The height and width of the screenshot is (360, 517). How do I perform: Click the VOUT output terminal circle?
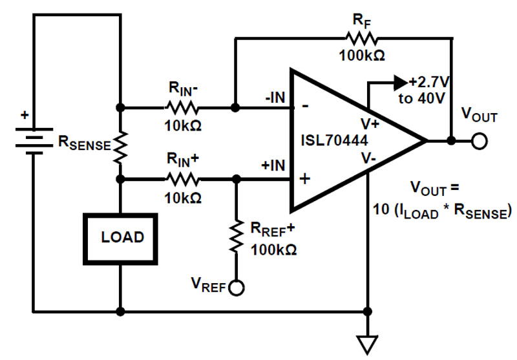pyautogui.click(x=478, y=141)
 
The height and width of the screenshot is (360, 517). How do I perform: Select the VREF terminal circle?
pyautogui.click(x=237, y=288)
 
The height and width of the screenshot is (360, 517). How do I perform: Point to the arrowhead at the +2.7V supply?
pyautogui.click(x=400, y=83)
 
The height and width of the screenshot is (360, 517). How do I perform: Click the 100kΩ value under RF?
pyautogui.click(x=361, y=56)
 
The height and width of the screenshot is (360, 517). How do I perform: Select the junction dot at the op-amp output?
pyautogui.click(x=451, y=141)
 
